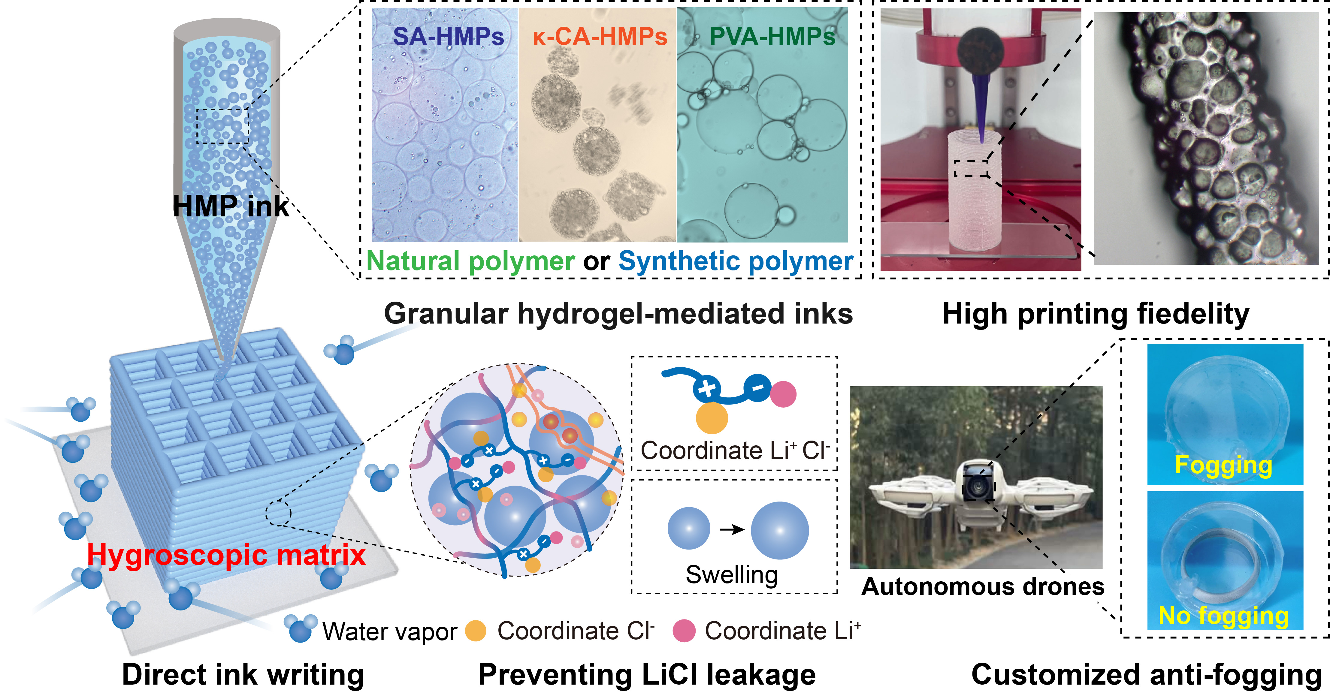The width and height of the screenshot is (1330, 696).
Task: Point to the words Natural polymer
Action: click(470, 261)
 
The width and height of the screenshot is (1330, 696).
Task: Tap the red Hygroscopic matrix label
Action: click(226, 555)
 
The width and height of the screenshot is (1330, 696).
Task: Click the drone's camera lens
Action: click(977, 485)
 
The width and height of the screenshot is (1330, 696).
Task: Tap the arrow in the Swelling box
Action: click(732, 529)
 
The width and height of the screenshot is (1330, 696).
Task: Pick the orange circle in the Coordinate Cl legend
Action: click(476, 631)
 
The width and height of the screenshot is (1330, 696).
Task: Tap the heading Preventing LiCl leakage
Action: click(647, 674)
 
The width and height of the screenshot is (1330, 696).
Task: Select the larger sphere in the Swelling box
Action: click(780, 530)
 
